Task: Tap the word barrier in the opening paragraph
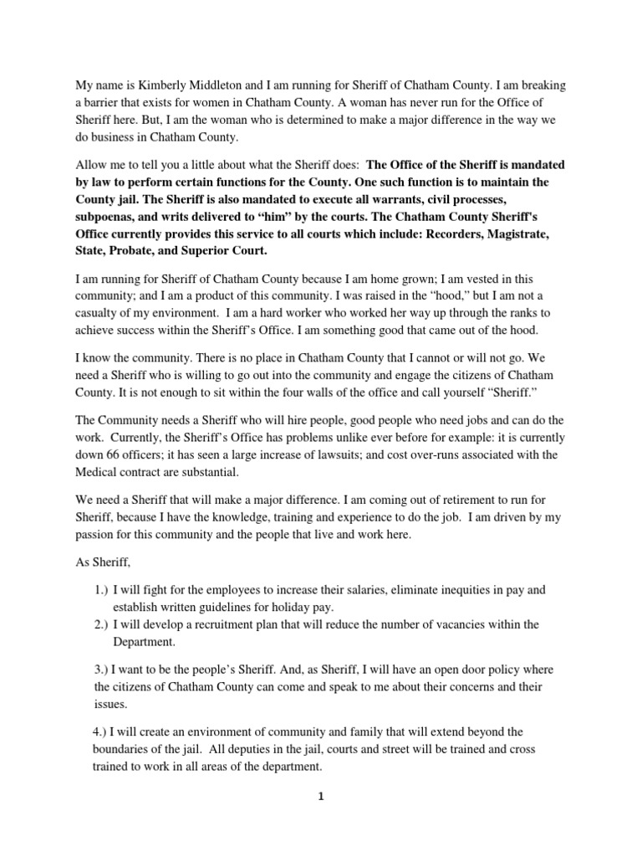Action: [98, 85]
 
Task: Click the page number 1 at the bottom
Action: [321, 798]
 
